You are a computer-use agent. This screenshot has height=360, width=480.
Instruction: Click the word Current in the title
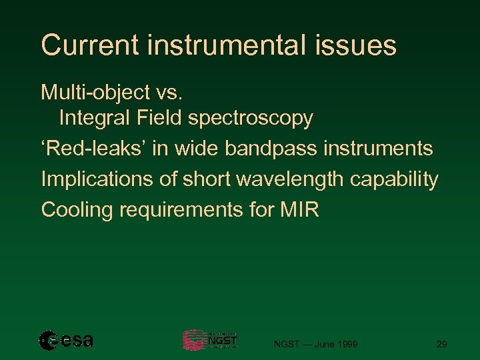pos(90,45)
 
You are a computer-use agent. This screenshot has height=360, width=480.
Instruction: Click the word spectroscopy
pos(250,119)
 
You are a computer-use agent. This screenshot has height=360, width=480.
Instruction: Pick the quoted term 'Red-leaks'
pos(93,148)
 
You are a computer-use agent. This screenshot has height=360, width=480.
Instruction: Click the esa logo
pos(66,341)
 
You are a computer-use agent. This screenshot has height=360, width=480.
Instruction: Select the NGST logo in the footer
pos(210,340)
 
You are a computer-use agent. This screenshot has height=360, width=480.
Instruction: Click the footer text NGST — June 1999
pos(316,344)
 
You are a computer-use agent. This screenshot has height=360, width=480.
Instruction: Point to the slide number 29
pos(441,344)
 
